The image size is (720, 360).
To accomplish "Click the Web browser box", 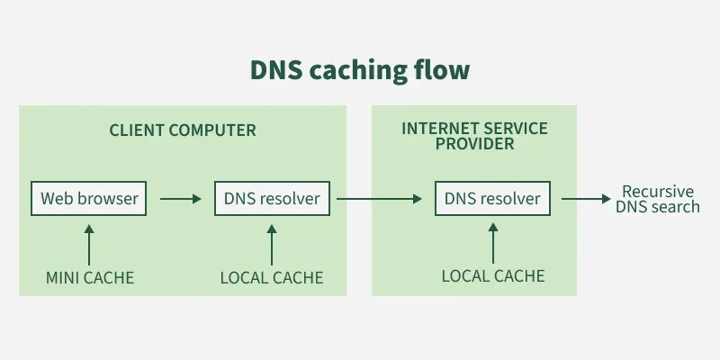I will (89, 198).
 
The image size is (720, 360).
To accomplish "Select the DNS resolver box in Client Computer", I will (272, 198).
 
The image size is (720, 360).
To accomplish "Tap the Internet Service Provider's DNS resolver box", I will (492, 198).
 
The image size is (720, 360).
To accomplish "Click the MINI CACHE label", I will (89, 277).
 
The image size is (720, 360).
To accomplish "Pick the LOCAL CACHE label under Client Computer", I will (272, 277).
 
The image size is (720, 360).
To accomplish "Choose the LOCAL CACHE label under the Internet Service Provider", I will (493, 275).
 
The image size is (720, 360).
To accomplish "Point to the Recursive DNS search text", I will (658, 199).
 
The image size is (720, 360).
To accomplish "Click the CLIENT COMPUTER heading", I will (183, 130).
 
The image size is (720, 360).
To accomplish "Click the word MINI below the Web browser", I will (65, 277).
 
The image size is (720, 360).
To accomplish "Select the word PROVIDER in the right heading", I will (474, 143).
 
